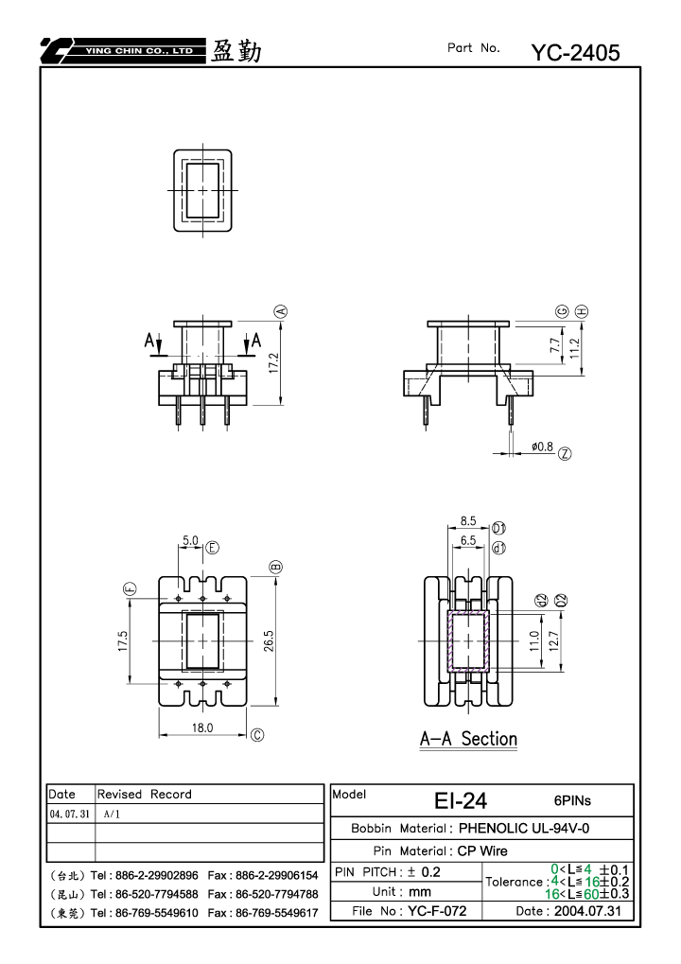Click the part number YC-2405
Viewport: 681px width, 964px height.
click(575, 53)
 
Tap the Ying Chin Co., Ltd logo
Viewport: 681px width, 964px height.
click(122, 50)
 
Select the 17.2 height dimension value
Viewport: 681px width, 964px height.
click(274, 362)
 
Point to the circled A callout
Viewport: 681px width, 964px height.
click(281, 311)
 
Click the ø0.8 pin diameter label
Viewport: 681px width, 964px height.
click(542, 447)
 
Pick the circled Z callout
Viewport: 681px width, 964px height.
click(565, 454)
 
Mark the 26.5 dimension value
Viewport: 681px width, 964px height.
click(269, 641)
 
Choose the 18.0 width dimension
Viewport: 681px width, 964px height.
click(202, 727)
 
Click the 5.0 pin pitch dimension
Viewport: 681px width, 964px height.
click(190, 540)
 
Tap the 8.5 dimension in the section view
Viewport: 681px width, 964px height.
click(468, 520)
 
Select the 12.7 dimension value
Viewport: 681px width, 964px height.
click(553, 641)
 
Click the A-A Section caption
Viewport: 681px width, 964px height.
click(468, 739)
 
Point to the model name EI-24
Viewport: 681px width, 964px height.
click(461, 800)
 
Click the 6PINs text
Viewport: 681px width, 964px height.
click(572, 800)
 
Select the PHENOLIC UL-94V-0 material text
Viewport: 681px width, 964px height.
click(524, 828)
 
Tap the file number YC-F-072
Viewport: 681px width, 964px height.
click(437, 910)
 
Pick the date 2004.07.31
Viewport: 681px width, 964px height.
click(587, 910)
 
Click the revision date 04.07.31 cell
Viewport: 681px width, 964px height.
click(69, 814)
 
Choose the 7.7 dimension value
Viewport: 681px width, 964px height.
click(555, 345)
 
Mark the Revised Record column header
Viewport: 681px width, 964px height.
click(145, 794)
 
